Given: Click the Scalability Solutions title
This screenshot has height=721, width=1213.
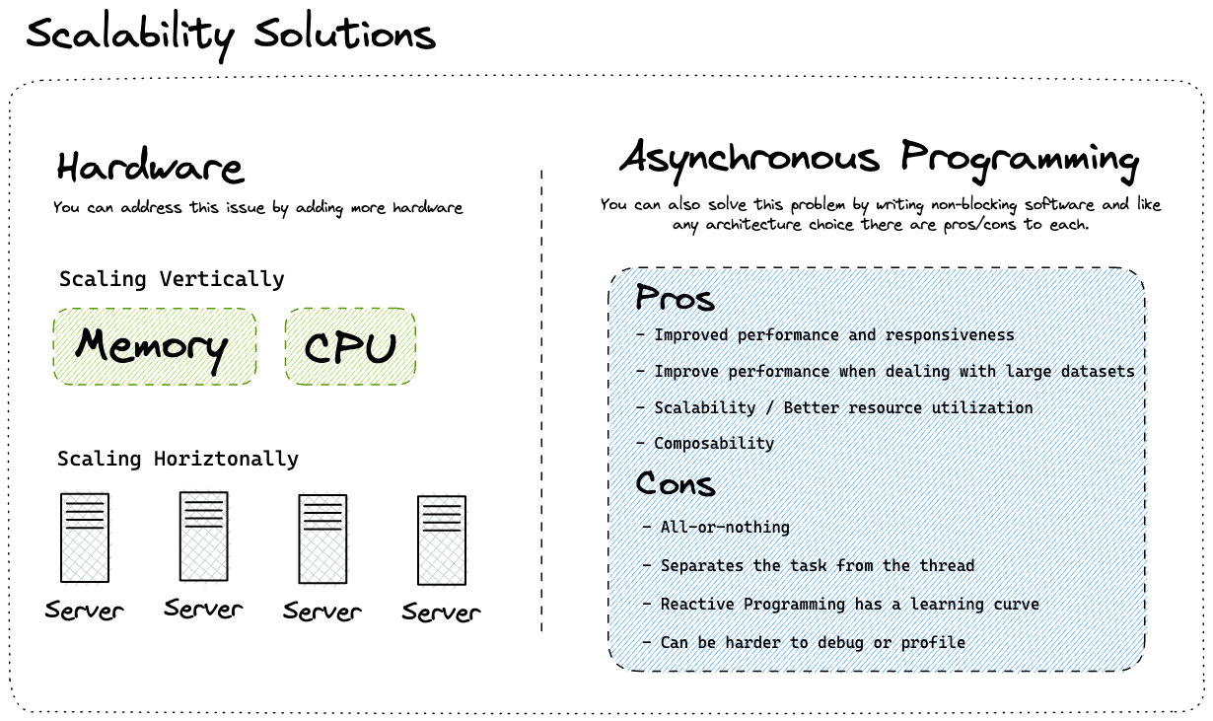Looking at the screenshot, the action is point(230,36).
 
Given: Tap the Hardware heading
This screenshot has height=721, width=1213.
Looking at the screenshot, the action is point(149,167).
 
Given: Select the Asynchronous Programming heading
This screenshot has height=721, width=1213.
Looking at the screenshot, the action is point(879,158).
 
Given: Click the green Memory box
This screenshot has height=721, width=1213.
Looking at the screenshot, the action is point(155,346).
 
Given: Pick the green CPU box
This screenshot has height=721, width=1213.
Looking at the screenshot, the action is point(350,346).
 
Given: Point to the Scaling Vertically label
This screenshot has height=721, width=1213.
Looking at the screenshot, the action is point(172,279).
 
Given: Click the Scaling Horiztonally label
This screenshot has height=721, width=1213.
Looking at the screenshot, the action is point(178,459).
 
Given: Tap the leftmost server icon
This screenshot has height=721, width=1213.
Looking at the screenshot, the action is point(85,538).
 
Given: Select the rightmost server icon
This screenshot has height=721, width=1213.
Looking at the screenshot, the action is point(442,540).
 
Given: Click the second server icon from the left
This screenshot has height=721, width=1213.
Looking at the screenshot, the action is point(204,536).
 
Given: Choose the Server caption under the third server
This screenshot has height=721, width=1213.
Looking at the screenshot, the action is point(322,612).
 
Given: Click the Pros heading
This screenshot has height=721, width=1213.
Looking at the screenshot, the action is point(675,297).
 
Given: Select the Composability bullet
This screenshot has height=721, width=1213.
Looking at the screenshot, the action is point(714,444).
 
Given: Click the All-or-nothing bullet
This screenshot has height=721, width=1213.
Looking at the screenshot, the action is point(725,527).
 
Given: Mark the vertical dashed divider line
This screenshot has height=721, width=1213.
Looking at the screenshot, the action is point(541,395).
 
